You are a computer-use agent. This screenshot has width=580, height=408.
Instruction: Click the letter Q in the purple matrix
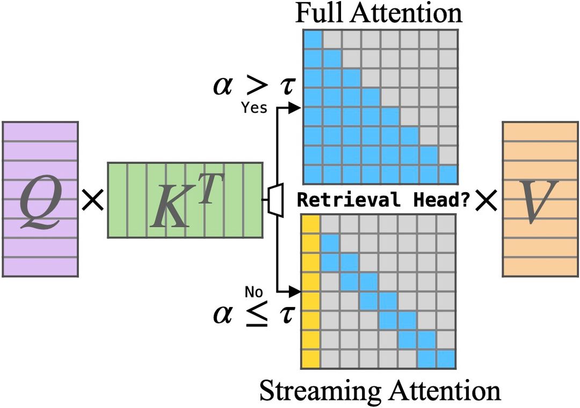click(40, 203)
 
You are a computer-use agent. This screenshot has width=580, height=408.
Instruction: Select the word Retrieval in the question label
click(349, 200)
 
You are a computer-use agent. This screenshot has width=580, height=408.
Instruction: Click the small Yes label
click(253, 108)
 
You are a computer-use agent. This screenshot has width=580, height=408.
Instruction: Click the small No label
click(253, 292)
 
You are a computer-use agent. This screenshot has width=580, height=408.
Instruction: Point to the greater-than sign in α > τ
click(255, 86)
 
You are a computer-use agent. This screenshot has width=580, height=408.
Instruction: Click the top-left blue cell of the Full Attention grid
click(313, 39)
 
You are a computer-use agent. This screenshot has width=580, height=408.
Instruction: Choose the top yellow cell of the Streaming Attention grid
click(311, 223)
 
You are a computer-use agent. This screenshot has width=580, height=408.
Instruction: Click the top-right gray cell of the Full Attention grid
click(448, 39)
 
